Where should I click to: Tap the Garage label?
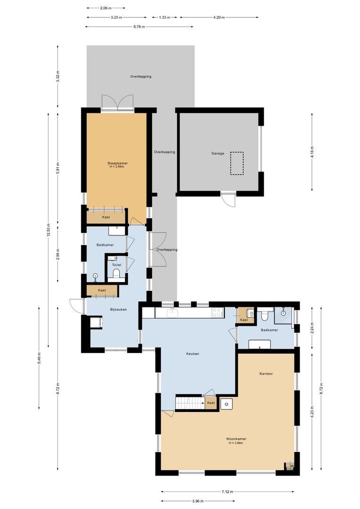tap(217, 153)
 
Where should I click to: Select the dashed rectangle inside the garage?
tap(237, 163)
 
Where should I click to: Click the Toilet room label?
tap(116, 265)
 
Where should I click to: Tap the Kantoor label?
tap(266, 373)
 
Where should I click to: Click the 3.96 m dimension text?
tap(198, 501)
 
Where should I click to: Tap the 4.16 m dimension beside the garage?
tap(312, 151)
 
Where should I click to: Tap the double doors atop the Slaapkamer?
tap(117, 102)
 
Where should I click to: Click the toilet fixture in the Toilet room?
tap(116, 275)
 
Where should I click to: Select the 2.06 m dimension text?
tap(106, 8)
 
